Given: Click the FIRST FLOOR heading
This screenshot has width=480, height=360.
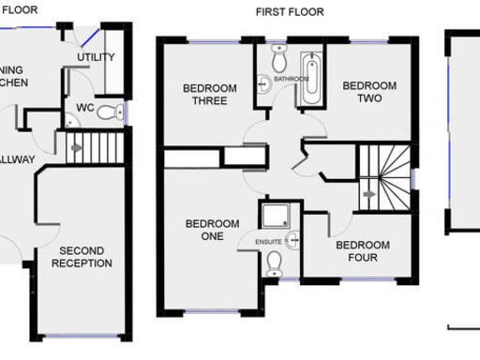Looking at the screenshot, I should (290, 12).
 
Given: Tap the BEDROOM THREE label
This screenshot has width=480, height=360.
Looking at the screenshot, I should (209, 95).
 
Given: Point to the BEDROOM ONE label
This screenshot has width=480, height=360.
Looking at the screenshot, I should (212, 230).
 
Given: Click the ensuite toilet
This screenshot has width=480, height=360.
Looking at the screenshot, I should (274, 264).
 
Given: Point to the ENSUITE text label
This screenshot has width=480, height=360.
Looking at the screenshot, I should (268, 241).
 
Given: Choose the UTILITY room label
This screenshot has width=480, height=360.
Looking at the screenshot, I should (96, 57).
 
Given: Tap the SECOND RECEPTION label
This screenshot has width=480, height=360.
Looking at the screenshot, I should (86, 257).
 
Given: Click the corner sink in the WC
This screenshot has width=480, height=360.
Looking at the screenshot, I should (69, 121).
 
